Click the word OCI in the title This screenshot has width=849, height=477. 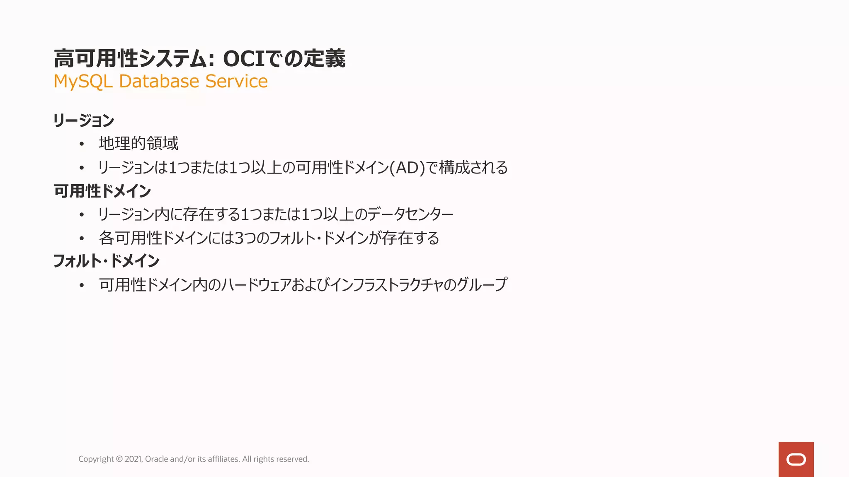click(244, 58)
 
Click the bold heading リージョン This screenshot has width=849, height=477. click(83, 120)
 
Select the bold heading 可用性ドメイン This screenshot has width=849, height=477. click(102, 191)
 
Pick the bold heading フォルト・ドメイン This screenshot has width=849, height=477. click(106, 261)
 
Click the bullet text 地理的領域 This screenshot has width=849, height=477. click(138, 143)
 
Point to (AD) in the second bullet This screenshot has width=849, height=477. click(408, 168)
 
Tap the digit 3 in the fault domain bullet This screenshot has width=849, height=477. click(239, 238)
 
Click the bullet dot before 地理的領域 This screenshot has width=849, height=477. click(82, 144)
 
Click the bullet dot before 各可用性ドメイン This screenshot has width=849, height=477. click(82, 238)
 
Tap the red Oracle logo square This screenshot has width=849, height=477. click(796, 459)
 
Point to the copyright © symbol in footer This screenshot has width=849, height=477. click(119, 459)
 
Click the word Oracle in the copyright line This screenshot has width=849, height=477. click(156, 459)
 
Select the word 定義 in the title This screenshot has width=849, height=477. click(325, 58)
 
